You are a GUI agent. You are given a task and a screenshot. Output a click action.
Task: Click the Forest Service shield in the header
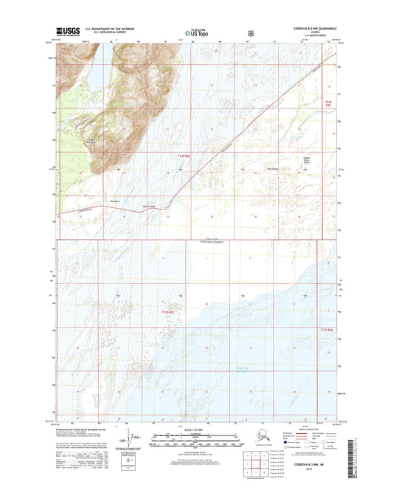pos(251,32)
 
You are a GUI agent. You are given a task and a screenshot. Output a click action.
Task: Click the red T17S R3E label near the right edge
pos(327,329)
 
